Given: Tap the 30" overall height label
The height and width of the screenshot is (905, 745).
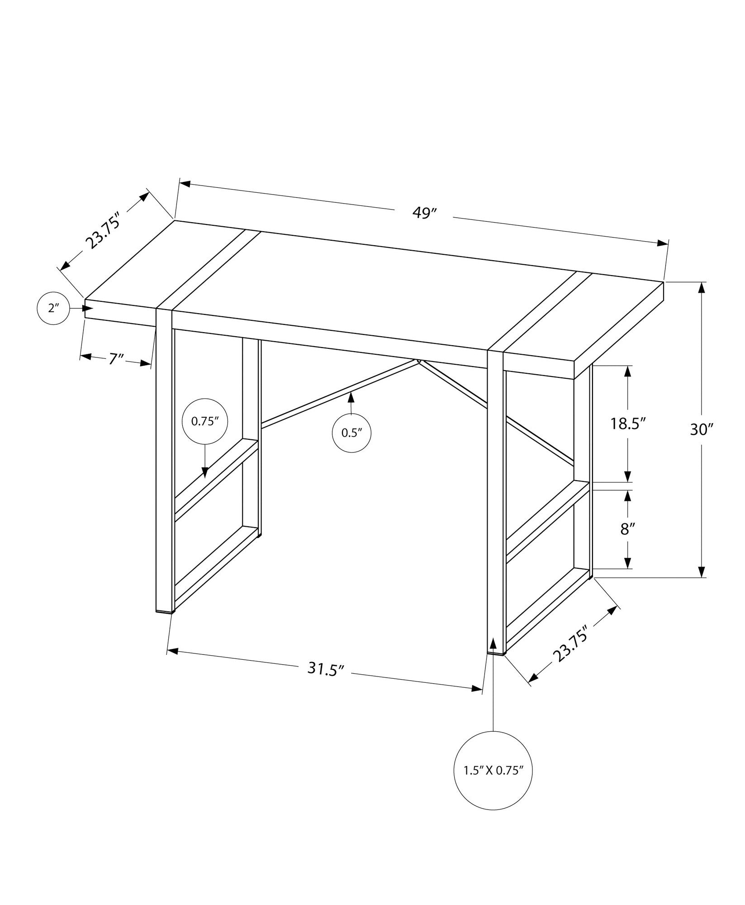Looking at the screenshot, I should pyautogui.click(x=701, y=429).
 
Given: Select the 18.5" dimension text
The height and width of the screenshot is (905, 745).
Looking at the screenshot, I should pyautogui.click(x=627, y=424).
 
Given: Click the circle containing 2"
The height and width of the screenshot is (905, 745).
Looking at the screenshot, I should pyautogui.click(x=53, y=309).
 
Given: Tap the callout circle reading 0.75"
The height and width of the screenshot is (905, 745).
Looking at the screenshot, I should pyautogui.click(x=204, y=421).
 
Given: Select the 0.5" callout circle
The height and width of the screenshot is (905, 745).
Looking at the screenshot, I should pyautogui.click(x=352, y=433).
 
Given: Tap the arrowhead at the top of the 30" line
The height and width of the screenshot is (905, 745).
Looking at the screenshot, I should pyautogui.click(x=702, y=288).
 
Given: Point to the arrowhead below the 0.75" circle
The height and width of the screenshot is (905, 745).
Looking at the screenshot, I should pyautogui.click(x=205, y=472).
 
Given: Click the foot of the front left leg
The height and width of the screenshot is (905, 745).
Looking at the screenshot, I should pyautogui.click(x=165, y=611).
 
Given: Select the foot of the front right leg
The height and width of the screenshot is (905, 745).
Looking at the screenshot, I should pyautogui.click(x=496, y=653).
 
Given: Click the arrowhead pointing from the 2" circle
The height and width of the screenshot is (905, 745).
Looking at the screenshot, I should pyautogui.click(x=88, y=308).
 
